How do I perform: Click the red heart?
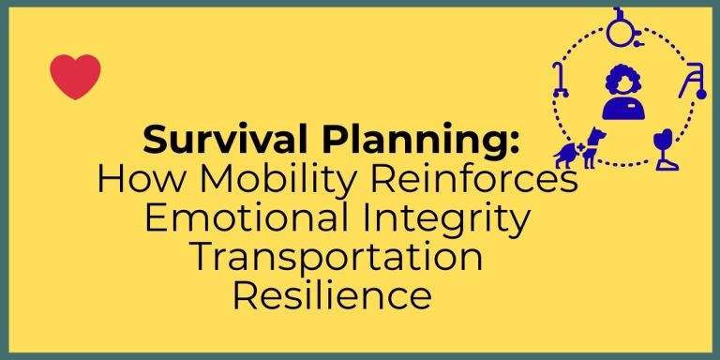75,77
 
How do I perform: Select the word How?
136,179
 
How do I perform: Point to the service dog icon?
577,153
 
